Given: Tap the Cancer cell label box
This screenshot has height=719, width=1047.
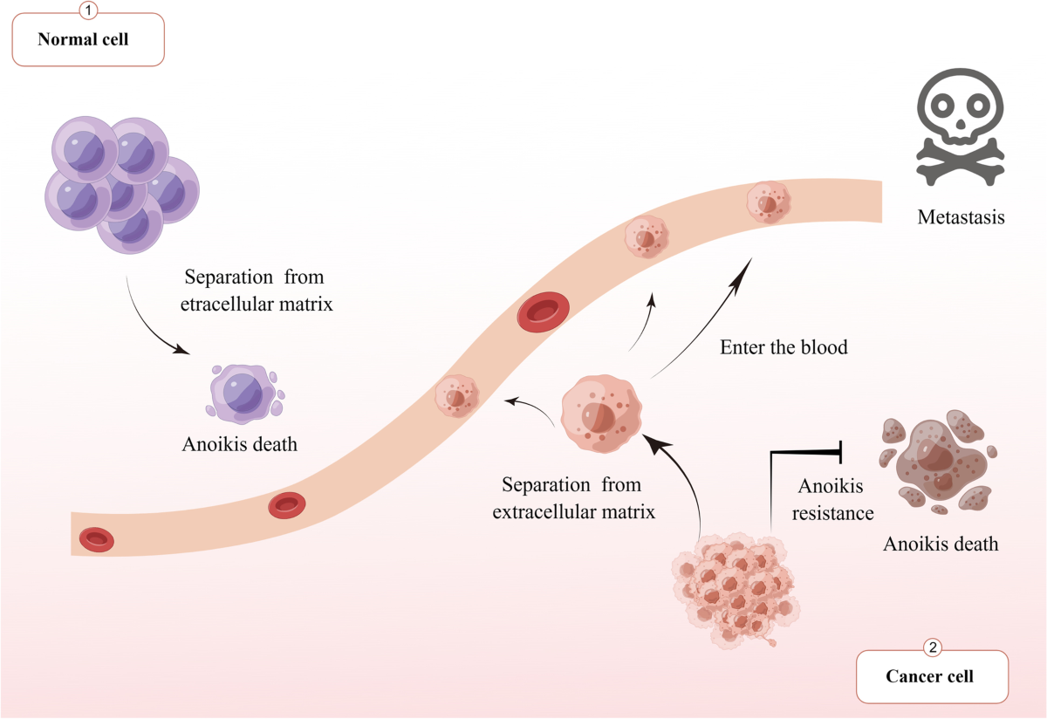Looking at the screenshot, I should [931, 676].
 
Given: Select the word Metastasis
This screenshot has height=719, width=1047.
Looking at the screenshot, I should [961, 217].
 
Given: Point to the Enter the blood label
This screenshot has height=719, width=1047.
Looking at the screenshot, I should [784, 347].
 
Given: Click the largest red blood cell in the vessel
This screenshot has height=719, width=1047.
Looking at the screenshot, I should [542, 312].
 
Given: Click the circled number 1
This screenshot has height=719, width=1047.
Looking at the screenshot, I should [87, 11].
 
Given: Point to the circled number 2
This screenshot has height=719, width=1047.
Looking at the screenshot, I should [932, 648].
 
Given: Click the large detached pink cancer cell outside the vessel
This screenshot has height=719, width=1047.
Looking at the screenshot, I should [600, 413].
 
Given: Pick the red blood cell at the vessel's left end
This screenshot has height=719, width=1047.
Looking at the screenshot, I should [96, 540].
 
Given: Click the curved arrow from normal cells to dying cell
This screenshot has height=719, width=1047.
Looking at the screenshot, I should [148, 323].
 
